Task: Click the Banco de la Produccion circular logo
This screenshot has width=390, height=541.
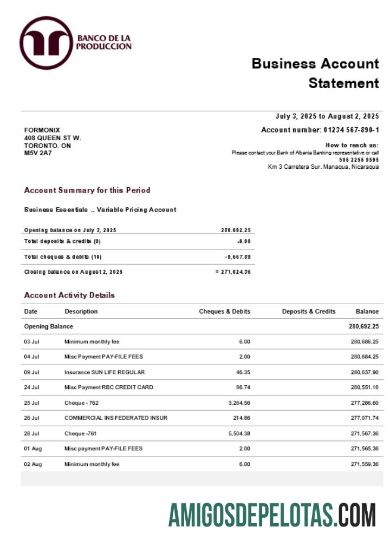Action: click(x=45, y=43)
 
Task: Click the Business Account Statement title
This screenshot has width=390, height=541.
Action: click(x=315, y=73)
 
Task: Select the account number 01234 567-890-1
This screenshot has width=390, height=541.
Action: click(x=351, y=130)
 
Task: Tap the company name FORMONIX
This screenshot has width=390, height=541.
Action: click(x=42, y=130)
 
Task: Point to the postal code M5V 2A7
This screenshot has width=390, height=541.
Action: click(x=38, y=153)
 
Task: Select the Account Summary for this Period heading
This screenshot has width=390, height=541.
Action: click(x=87, y=190)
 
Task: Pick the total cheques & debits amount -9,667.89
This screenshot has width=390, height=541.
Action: click(x=238, y=257)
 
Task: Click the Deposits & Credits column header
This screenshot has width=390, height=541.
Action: click(x=309, y=312)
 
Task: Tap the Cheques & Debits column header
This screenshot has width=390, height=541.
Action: click(x=224, y=312)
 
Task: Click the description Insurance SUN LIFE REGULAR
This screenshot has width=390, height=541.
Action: click(x=105, y=372)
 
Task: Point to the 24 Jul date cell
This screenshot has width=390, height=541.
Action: click(x=31, y=387)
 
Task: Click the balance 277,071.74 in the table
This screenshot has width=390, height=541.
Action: click(x=365, y=418)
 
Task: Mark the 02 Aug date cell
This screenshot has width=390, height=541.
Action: click(x=32, y=464)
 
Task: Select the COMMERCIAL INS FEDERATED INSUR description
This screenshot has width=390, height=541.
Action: click(x=116, y=418)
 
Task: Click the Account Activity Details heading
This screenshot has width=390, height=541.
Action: click(x=69, y=295)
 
